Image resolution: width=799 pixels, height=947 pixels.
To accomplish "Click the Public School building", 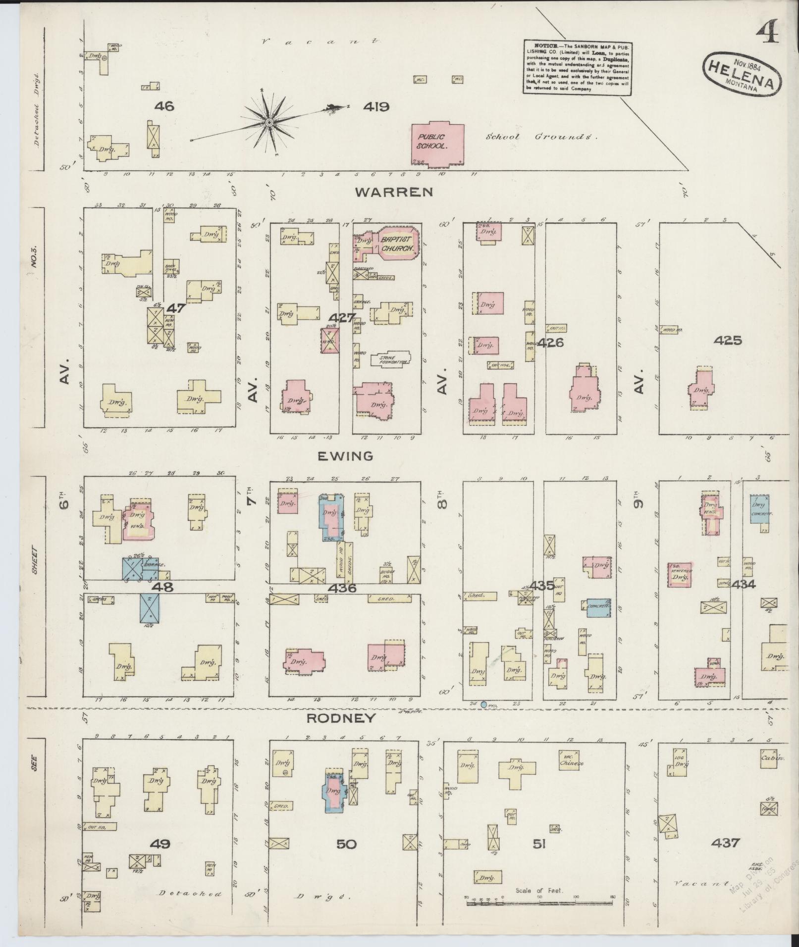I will tap(437, 143).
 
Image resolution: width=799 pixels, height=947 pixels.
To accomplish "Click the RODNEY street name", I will tap(340, 718).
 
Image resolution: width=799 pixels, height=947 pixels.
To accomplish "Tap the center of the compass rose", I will tap(269, 121).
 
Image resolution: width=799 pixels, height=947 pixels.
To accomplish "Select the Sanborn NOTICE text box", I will tap(578, 67).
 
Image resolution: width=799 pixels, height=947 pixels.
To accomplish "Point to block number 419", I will tap(376, 106).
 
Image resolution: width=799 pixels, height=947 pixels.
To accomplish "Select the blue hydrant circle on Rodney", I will tap(483, 704).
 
